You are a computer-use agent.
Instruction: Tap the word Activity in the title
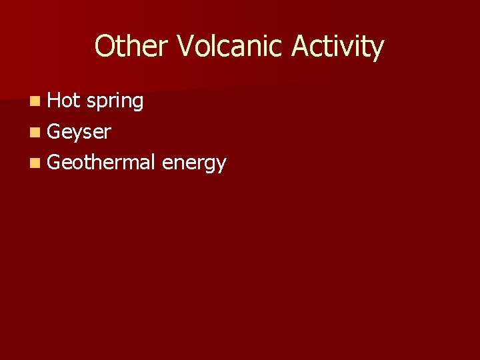point(336,47)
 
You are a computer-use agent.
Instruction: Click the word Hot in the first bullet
point(64,101)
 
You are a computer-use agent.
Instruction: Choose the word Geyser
point(79,132)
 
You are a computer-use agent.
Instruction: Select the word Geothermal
point(102,162)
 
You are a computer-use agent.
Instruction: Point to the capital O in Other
point(105,47)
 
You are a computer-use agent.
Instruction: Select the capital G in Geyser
point(55,131)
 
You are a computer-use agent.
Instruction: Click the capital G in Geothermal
point(55,162)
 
